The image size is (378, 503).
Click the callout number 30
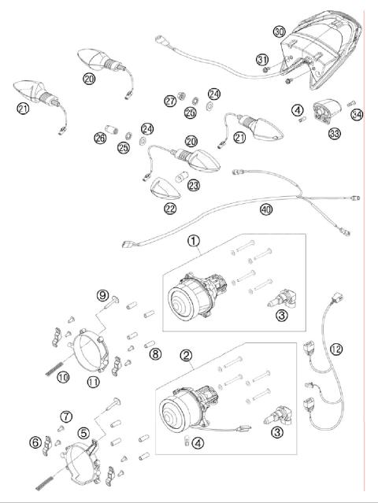[279, 32]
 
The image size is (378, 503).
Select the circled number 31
[262, 60]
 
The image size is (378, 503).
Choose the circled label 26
[99, 139]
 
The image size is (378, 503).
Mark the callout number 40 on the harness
[267, 209]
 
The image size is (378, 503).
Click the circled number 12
[336, 349]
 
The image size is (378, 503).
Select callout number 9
[102, 295]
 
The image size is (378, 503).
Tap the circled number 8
[154, 354]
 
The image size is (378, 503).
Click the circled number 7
[66, 416]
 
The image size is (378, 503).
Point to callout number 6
[35, 442]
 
